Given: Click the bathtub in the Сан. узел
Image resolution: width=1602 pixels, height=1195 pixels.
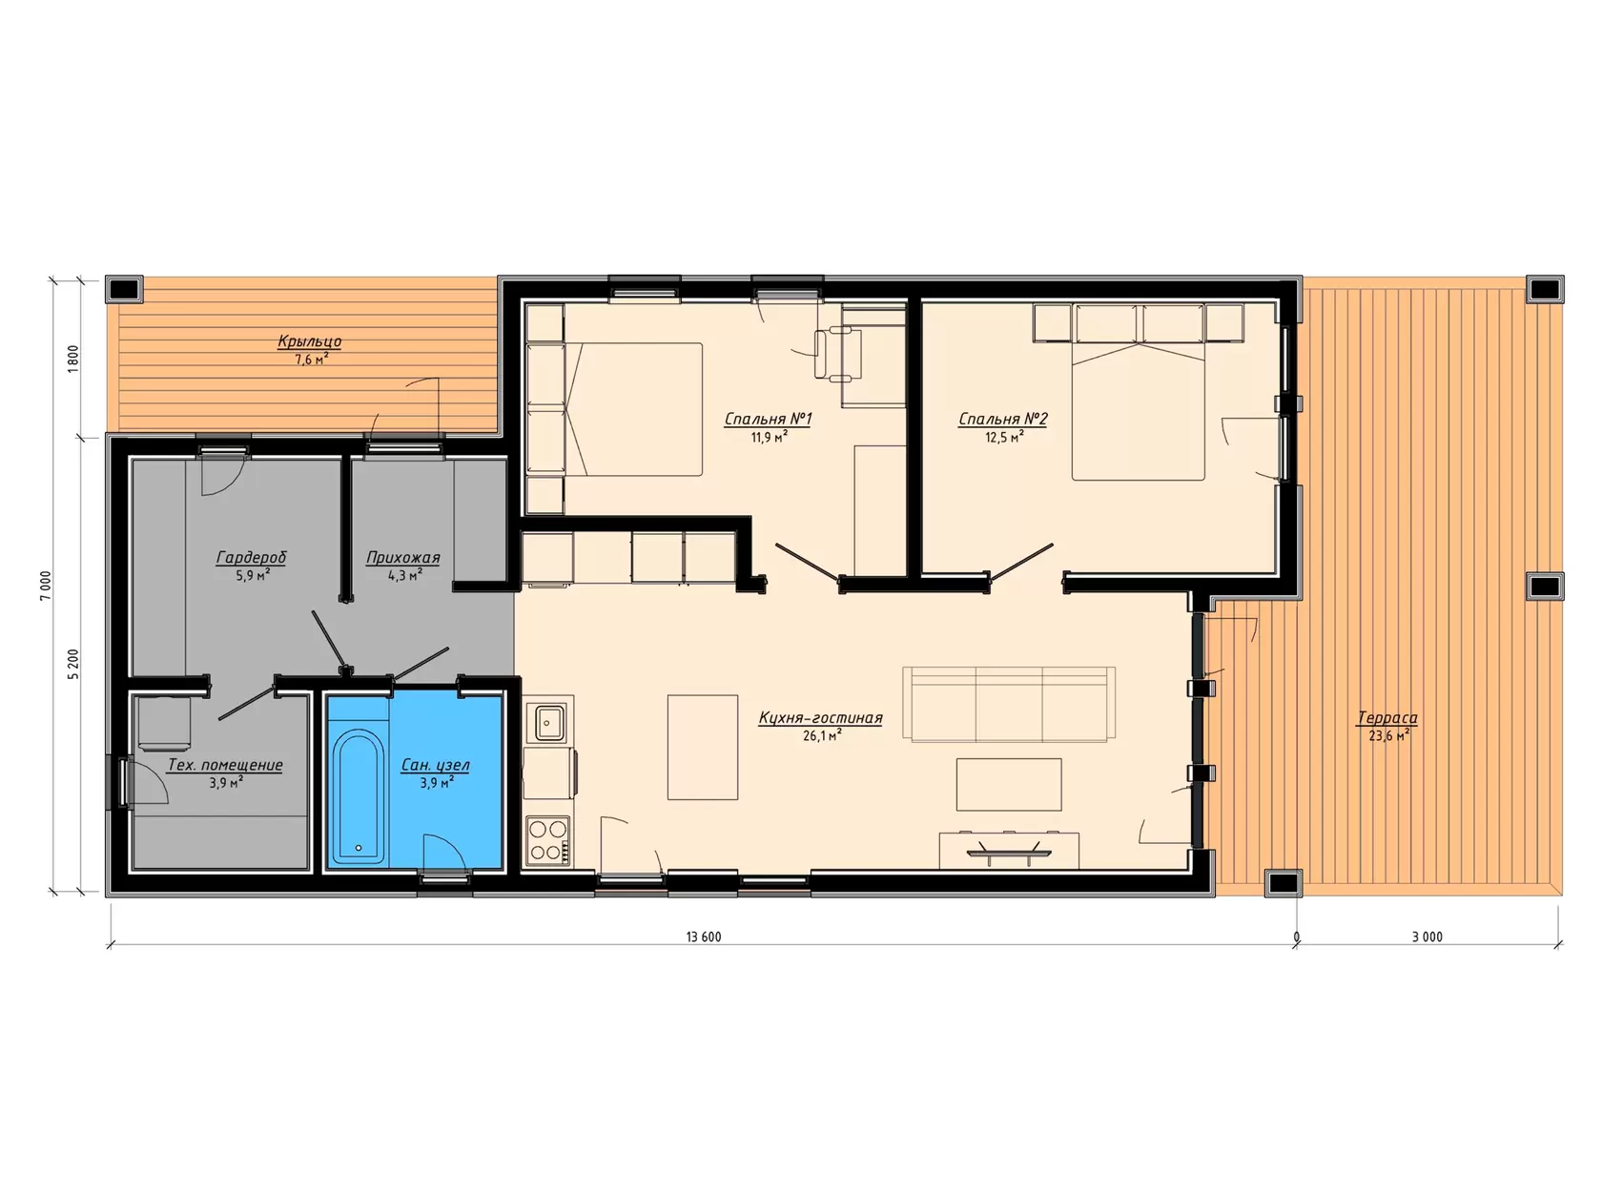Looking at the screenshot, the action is point(359,795).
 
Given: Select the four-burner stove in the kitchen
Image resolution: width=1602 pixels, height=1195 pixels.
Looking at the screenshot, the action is point(548,839).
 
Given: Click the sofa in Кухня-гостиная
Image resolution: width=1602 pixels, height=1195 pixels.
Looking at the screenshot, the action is point(1009,704).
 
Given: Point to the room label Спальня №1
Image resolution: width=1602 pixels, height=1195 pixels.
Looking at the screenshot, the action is point(768,419).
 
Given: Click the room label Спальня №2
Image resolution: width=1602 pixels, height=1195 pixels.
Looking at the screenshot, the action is point(1003,419).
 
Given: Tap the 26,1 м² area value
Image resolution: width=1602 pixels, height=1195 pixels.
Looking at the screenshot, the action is point(822,735).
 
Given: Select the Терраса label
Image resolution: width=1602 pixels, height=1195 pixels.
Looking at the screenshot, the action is point(1386,717).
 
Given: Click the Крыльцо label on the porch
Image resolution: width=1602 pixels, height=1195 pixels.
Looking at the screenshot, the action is point(310,340).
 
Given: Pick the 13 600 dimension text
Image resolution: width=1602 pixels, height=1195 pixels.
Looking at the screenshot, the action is point(704,937).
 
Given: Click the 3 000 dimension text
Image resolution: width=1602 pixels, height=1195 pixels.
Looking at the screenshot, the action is point(1427,937).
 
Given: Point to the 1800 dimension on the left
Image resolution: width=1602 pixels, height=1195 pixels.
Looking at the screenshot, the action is point(73,360).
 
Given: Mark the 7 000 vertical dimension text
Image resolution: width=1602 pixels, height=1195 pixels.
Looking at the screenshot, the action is point(46,586).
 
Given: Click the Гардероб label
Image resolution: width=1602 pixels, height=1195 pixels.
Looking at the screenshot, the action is point(251,557).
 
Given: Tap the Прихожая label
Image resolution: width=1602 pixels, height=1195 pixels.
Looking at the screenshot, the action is point(402,558).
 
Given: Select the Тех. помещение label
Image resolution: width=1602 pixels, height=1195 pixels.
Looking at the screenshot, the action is point(225,765).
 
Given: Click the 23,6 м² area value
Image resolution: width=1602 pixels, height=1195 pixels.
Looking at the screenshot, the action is point(1389,735).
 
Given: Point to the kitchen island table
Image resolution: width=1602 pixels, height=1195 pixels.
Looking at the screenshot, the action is point(702,747).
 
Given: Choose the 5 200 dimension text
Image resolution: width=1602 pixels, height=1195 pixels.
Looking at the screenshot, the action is point(73,665).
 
